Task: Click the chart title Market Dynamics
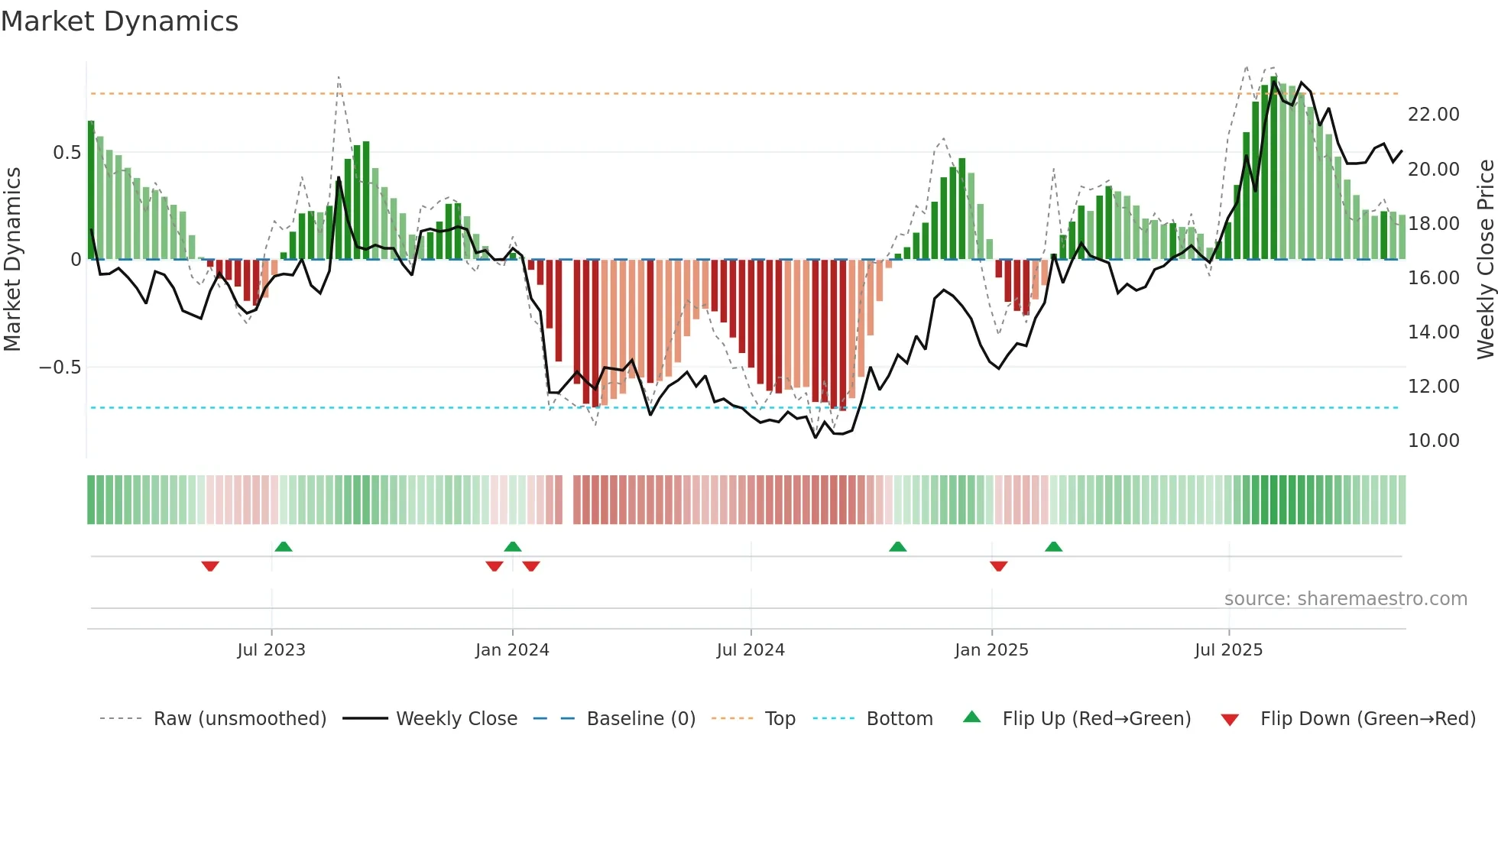119,21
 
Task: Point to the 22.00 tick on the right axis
1433,115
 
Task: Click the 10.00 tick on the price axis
1433,441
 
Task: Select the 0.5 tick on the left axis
66,153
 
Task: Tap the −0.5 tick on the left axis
60,368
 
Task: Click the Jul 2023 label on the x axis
271,650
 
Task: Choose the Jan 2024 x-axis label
512,650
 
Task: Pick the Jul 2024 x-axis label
751,650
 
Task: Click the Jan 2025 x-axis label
991,650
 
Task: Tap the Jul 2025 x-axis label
1229,650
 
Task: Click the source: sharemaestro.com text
1345,599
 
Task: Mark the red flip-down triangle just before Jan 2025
998,566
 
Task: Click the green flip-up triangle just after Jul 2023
284,546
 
